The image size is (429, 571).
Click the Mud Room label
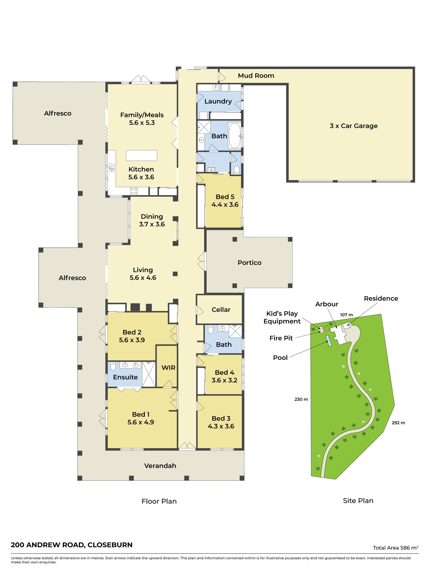[256, 76]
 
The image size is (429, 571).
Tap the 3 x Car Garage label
[353, 126]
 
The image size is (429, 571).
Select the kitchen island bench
[141, 155]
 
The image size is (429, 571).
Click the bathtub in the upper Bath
[234, 135]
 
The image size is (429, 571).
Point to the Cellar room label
[221, 310]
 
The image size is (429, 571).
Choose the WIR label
[168, 368]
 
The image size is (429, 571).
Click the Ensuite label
[125, 377]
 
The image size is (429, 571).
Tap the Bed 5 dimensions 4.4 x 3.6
[225, 205]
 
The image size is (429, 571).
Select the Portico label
[249, 263]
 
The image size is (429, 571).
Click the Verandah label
[160, 466]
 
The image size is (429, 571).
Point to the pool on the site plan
[329, 341]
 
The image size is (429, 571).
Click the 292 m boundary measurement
[398, 423]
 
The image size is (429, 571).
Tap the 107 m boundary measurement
[346, 315]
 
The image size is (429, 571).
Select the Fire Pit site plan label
[281, 338]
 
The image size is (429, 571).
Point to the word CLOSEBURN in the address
[110, 545]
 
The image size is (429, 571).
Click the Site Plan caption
[358, 501]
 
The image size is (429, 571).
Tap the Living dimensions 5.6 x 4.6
[143, 278]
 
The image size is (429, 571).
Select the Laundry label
[218, 101]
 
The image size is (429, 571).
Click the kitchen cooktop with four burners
[134, 191]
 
